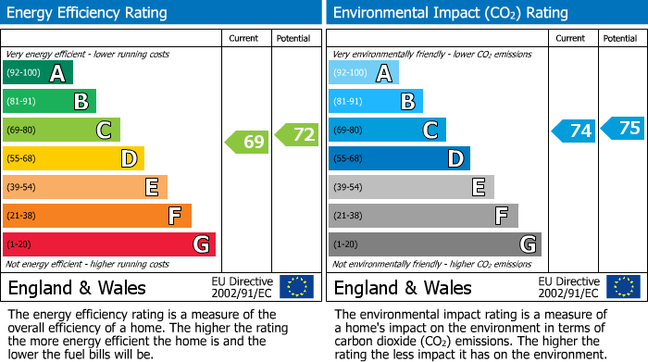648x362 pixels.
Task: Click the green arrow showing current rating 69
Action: (247, 142)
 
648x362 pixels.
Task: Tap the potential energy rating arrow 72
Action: (296, 135)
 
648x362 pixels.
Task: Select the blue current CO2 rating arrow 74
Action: (573, 131)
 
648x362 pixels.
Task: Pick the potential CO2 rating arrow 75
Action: (622, 128)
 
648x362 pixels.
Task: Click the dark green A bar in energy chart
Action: (37, 73)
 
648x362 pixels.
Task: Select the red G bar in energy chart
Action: (109, 244)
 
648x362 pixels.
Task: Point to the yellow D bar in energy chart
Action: (73, 158)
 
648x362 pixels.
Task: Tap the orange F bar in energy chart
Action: (97, 216)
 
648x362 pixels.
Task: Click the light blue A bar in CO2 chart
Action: (364, 73)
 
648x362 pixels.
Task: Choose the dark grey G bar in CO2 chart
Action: (434, 244)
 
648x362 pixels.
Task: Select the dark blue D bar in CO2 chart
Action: (399, 158)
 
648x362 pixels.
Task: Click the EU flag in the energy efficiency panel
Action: (296, 287)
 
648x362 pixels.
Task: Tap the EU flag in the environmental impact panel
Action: (622, 287)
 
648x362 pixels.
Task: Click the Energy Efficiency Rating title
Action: (88, 13)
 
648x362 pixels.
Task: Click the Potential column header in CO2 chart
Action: (620, 38)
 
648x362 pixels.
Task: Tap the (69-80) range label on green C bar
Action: (21, 130)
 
